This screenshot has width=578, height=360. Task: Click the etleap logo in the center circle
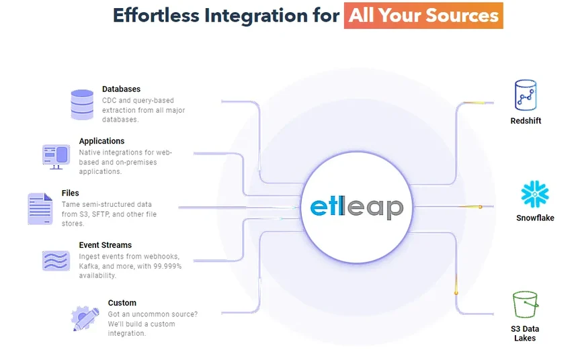(x=356, y=207)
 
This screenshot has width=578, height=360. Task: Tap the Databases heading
(x=121, y=89)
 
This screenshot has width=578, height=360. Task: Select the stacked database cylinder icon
(x=82, y=104)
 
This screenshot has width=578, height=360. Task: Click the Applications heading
(x=101, y=141)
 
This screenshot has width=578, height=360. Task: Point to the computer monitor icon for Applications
(x=56, y=156)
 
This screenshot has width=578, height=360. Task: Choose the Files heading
(x=71, y=193)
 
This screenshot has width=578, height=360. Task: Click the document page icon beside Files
(x=40, y=208)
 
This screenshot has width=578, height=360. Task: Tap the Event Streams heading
(x=105, y=245)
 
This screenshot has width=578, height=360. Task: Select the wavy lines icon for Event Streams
(x=56, y=261)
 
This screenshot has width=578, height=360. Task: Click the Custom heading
(x=122, y=303)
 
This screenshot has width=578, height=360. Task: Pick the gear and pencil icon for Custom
(x=85, y=318)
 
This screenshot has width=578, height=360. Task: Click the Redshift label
(x=525, y=121)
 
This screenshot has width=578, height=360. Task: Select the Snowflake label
(x=535, y=218)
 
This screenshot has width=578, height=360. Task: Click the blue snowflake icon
(x=535, y=194)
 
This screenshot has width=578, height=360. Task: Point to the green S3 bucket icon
(x=525, y=304)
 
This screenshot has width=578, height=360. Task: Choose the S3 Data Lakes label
(x=525, y=333)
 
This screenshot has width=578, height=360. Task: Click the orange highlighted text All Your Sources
(x=423, y=15)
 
